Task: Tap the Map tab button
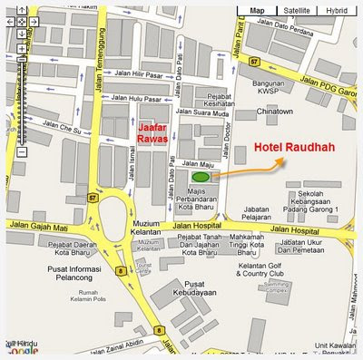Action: click(257, 10)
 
